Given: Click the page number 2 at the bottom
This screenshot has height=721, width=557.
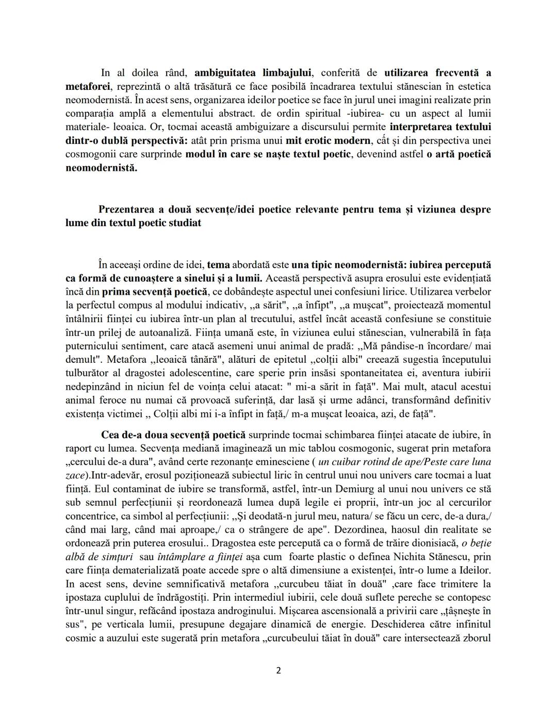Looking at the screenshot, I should tap(278, 671).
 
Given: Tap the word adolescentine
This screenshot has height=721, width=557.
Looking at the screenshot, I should tap(200, 373).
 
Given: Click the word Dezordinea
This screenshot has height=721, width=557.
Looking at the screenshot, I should tap(361, 530).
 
